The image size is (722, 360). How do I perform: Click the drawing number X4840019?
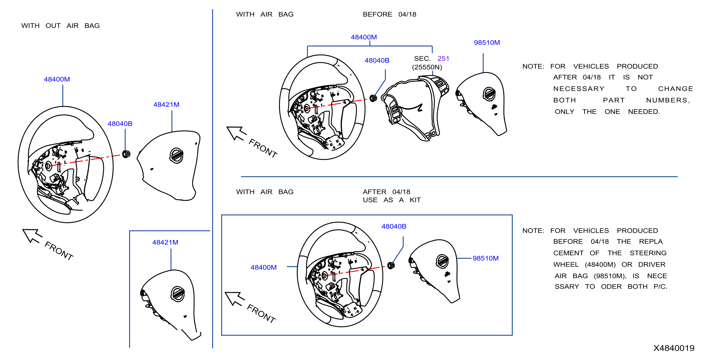674,348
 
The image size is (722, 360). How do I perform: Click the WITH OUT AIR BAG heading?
60,26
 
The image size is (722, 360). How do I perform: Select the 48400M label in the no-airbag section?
57,79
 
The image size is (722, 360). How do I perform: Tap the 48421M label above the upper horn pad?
166,105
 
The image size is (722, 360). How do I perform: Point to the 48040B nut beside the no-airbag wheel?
126,154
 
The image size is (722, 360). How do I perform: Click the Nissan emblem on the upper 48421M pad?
176,155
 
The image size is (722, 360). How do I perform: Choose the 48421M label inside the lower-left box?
165,242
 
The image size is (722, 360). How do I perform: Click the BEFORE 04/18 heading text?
389,14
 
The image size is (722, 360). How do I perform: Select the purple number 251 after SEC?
443,58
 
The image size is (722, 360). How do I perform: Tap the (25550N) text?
427,67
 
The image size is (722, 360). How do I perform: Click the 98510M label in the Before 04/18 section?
487,43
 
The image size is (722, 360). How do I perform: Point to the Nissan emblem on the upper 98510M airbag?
489,94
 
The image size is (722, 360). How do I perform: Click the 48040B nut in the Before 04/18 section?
373,98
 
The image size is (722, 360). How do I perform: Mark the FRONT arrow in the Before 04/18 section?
236,133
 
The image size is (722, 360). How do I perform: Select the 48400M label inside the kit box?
264,267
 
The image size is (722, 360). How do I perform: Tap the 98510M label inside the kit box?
485,258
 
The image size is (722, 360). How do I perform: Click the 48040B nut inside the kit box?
391,265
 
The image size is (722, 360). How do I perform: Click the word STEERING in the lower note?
648,253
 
